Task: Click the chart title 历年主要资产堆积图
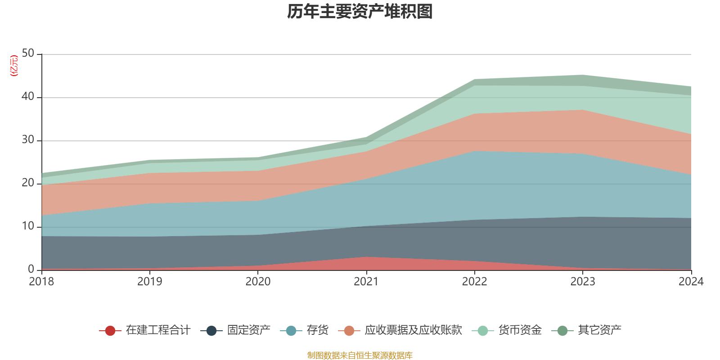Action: [x=360, y=12]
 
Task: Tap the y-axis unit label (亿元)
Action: [x=14, y=66]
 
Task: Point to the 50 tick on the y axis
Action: [x=28, y=54]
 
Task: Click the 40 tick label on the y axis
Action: [x=28, y=97]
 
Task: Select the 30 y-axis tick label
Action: [x=28, y=140]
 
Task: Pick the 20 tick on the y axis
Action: [x=28, y=183]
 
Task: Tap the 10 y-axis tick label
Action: [x=28, y=226]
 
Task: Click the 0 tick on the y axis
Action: [x=31, y=270]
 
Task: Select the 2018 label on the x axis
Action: [x=41, y=282]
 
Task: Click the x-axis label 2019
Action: [x=150, y=282]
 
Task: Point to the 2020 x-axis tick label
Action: [x=258, y=282]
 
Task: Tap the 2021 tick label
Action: [x=366, y=282]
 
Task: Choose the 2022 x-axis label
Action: [x=474, y=282]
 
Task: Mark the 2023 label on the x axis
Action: [x=583, y=282]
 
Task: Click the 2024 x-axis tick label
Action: [x=691, y=282]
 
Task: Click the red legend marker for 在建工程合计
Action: [x=110, y=331]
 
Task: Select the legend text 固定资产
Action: [x=248, y=330]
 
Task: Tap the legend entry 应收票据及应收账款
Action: [x=413, y=330]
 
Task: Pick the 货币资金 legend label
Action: [x=520, y=330]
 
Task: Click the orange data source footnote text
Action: [x=360, y=355]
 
